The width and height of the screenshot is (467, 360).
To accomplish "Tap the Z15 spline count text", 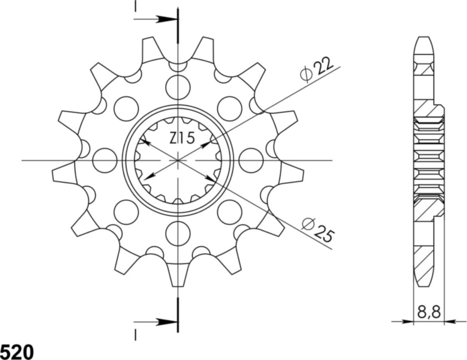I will [182, 139].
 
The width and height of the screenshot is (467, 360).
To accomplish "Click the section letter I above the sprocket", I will [135, 6].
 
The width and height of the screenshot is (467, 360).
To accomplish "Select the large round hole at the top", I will [178, 87].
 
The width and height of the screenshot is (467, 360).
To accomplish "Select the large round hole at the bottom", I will [178, 233].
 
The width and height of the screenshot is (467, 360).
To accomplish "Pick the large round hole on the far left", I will [105, 160].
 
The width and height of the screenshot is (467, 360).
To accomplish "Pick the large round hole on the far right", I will [251, 160].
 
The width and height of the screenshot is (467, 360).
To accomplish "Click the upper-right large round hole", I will [230, 108].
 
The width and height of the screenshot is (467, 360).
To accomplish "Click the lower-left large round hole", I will [126, 212].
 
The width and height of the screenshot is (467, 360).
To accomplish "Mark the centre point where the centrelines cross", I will [178, 160].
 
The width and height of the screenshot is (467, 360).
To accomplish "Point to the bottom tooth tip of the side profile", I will [423, 282].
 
